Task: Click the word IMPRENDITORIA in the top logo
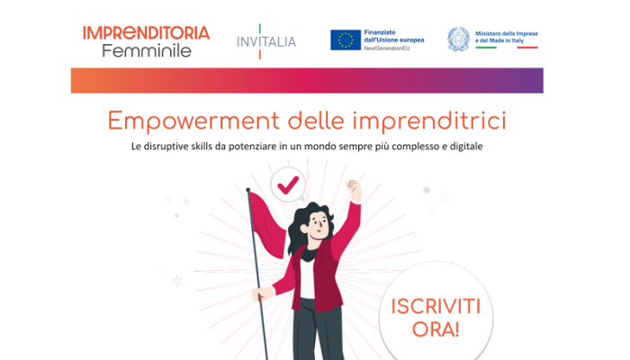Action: pyautogui.click(x=146, y=33)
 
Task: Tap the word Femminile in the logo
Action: pyautogui.click(x=146, y=50)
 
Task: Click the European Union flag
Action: pyautogui.click(x=346, y=40)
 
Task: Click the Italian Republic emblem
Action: pyautogui.click(x=459, y=40)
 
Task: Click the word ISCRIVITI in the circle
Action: pyautogui.click(x=436, y=306)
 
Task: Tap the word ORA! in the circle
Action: pyautogui.click(x=436, y=329)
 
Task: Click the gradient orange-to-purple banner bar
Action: pyautogui.click(x=307, y=80)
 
